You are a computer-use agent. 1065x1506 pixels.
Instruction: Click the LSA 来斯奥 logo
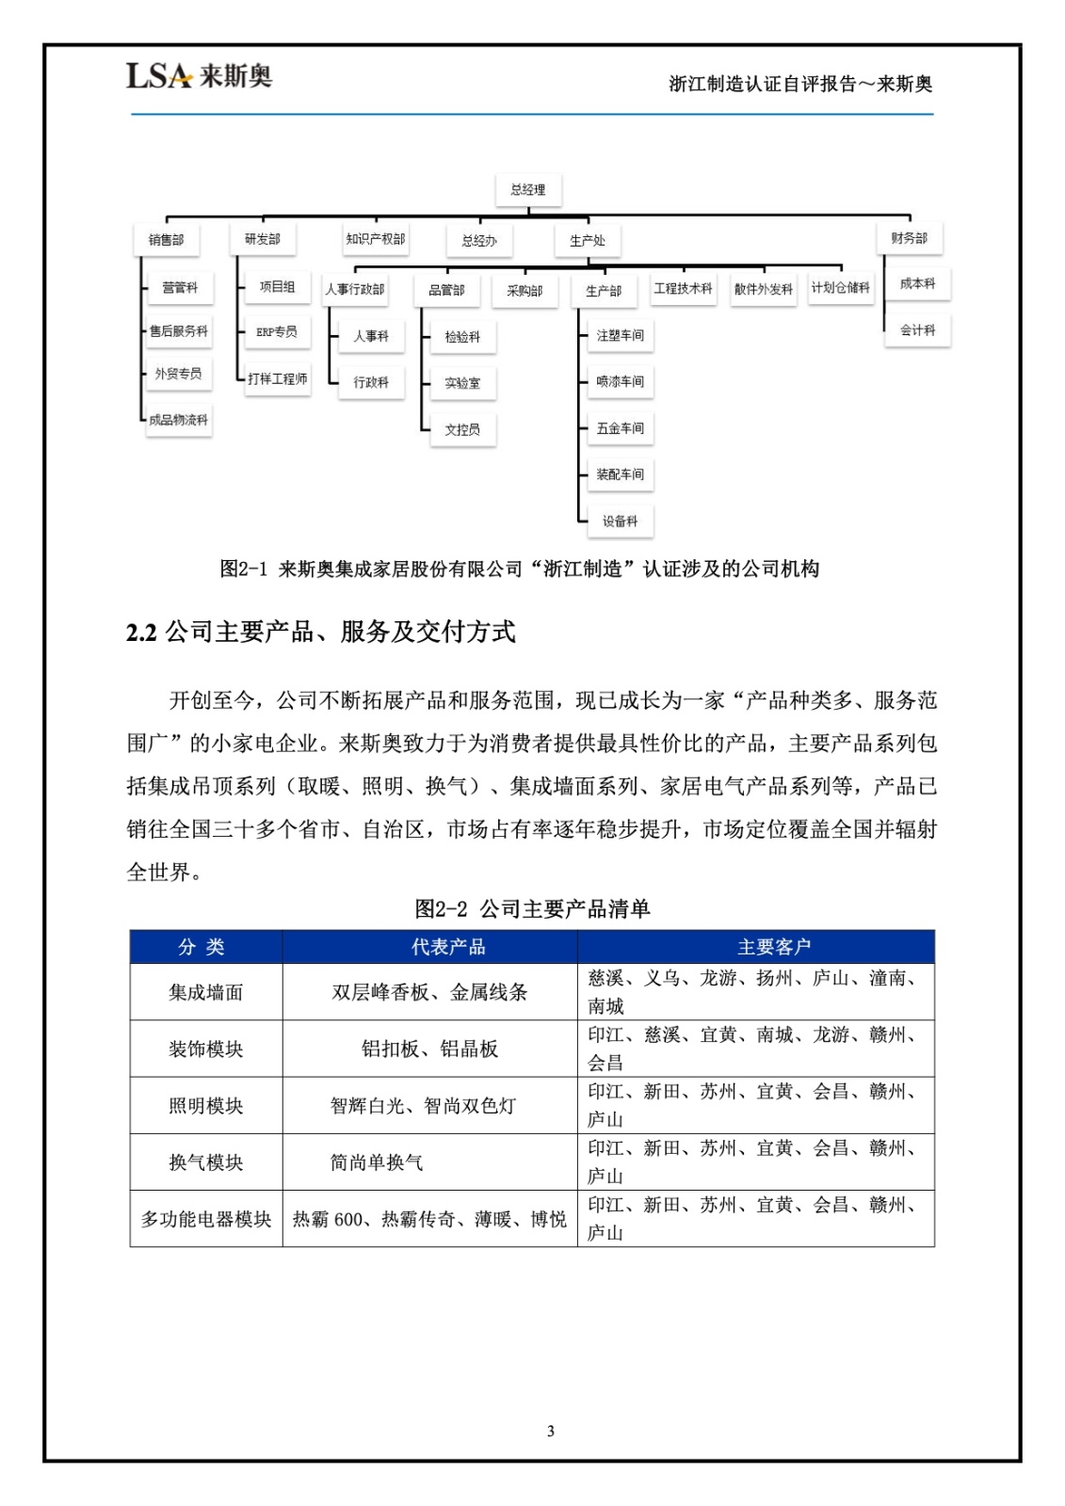click(x=199, y=75)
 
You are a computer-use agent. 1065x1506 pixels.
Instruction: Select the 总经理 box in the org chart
click(x=527, y=189)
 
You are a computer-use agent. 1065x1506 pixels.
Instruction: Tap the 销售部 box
click(x=166, y=240)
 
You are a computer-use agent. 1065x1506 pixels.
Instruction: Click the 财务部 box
click(x=909, y=238)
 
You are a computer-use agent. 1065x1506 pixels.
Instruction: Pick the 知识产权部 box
click(x=375, y=239)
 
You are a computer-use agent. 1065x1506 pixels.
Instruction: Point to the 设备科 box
click(x=620, y=521)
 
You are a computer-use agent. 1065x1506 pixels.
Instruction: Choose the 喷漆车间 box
click(x=620, y=381)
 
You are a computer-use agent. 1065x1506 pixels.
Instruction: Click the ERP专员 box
click(x=277, y=331)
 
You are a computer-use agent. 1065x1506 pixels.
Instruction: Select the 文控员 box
click(x=462, y=429)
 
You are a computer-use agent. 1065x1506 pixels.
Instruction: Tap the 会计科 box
click(x=917, y=330)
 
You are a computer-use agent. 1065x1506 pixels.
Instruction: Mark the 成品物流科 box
click(x=178, y=420)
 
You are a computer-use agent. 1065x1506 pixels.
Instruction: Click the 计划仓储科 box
click(x=840, y=288)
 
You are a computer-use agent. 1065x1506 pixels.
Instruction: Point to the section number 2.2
click(x=141, y=633)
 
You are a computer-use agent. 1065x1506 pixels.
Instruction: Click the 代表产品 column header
click(x=448, y=947)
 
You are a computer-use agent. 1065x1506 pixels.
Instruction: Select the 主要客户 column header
click(x=773, y=947)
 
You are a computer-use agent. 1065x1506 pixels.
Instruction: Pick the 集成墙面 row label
click(x=205, y=992)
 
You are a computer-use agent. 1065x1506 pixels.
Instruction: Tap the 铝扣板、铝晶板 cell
click(x=429, y=1049)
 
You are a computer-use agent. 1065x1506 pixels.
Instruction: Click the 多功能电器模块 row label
click(x=205, y=1219)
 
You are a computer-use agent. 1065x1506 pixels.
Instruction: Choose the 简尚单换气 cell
click(x=376, y=1162)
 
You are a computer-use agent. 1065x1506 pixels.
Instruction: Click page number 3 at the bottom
click(x=551, y=1432)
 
